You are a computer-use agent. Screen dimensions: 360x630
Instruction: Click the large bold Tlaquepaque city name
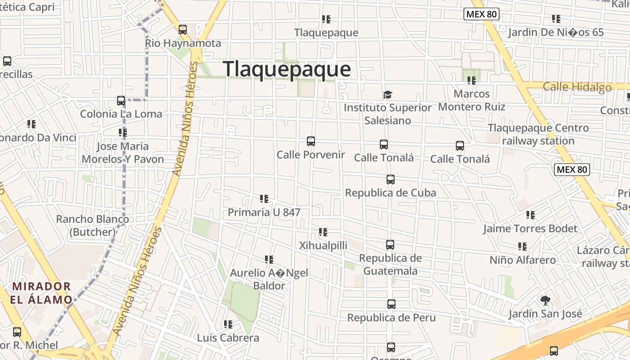click(287, 69)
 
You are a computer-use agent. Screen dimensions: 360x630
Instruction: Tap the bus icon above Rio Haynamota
click(183, 30)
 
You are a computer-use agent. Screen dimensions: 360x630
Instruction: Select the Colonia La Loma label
click(121, 114)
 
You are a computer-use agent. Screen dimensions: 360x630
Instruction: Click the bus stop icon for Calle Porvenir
click(311, 141)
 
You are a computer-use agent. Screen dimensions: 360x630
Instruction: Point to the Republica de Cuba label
click(390, 193)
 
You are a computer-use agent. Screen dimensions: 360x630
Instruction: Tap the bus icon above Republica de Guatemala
click(390, 245)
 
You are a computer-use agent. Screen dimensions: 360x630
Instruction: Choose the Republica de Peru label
click(391, 318)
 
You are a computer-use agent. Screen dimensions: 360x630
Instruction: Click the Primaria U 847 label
click(264, 212)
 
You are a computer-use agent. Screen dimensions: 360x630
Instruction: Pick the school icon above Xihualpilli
click(323, 232)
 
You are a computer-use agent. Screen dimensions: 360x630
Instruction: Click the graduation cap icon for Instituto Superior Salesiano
click(387, 94)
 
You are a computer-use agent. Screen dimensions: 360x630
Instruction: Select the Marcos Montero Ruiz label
click(472, 100)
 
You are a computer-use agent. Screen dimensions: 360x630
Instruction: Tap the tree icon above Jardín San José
click(545, 301)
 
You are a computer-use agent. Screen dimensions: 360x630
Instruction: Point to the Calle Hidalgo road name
click(577, 87)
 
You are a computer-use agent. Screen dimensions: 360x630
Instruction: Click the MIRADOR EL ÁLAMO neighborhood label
click(42, 293)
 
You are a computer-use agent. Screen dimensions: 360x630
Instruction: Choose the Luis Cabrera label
click(228, 338)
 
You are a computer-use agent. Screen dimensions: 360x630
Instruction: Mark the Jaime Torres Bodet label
click(530, 229)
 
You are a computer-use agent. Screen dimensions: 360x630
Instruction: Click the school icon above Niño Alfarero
click(522, 247)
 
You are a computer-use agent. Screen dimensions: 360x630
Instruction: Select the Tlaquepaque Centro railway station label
click(538, 134)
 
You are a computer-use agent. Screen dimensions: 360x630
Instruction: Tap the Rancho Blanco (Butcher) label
click(92, 225)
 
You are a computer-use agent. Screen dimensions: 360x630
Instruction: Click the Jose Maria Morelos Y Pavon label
click(122, 153)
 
